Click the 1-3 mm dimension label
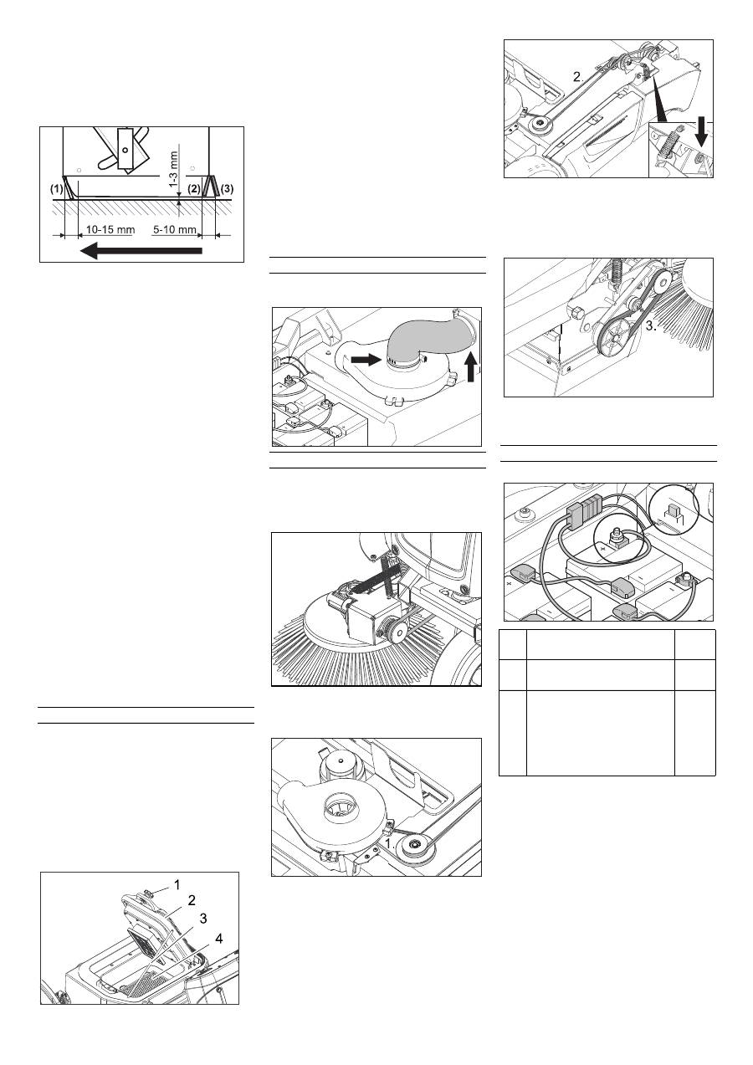pos(174,169)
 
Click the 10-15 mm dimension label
pos(110,229)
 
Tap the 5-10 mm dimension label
pos(175,229)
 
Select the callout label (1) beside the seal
pos(57,189)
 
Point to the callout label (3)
pos(228,189)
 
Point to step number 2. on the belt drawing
pos(578,77)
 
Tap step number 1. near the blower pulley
pos(391,843)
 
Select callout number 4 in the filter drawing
pos(218,939)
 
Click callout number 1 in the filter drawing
pos(177,885)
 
